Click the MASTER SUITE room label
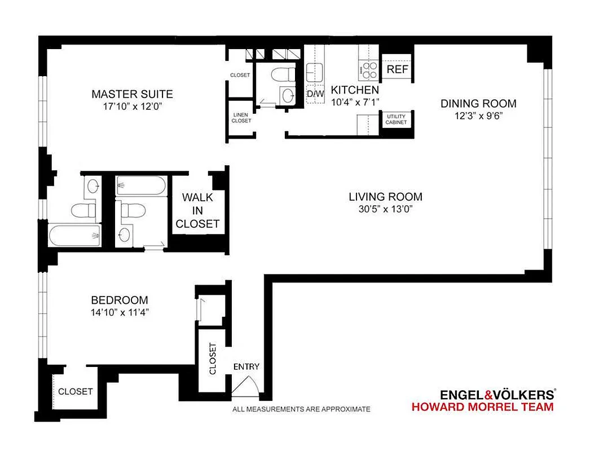[132, 94]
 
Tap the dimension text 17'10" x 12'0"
[132, 105]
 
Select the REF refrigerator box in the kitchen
[397, 70]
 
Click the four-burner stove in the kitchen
[369, 70]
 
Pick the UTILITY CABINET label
[397, 119]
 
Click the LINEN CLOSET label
[241, 117]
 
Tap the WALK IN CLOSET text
[197, 211]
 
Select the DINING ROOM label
[478, 103]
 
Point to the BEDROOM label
[120, 300]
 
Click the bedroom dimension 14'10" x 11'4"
[120, 312]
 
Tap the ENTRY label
[246, 366]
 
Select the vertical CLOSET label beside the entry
[213, 359]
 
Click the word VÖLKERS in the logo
[521, 395]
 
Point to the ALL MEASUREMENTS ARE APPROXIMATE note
[301, 409]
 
